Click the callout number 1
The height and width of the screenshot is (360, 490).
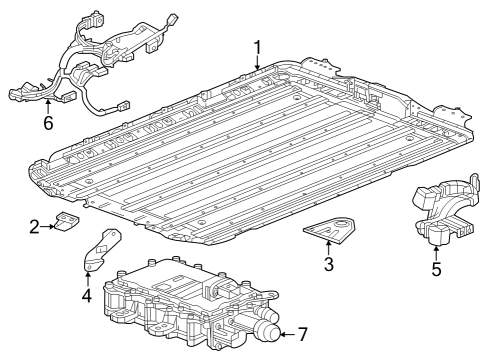coord(258,46)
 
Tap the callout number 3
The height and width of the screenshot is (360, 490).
coord(328,264)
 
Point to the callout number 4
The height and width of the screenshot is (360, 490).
coord(87,296)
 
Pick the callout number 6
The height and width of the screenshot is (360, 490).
coord(47,123)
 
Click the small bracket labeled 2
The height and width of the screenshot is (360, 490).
coord(68,223)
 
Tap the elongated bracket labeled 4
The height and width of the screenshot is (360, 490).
coord(100,251)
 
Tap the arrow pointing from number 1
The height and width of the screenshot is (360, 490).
coord(258,62)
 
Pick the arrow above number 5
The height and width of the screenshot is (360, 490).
coord(436,251)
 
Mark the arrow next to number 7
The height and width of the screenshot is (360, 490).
coord(288,332)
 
